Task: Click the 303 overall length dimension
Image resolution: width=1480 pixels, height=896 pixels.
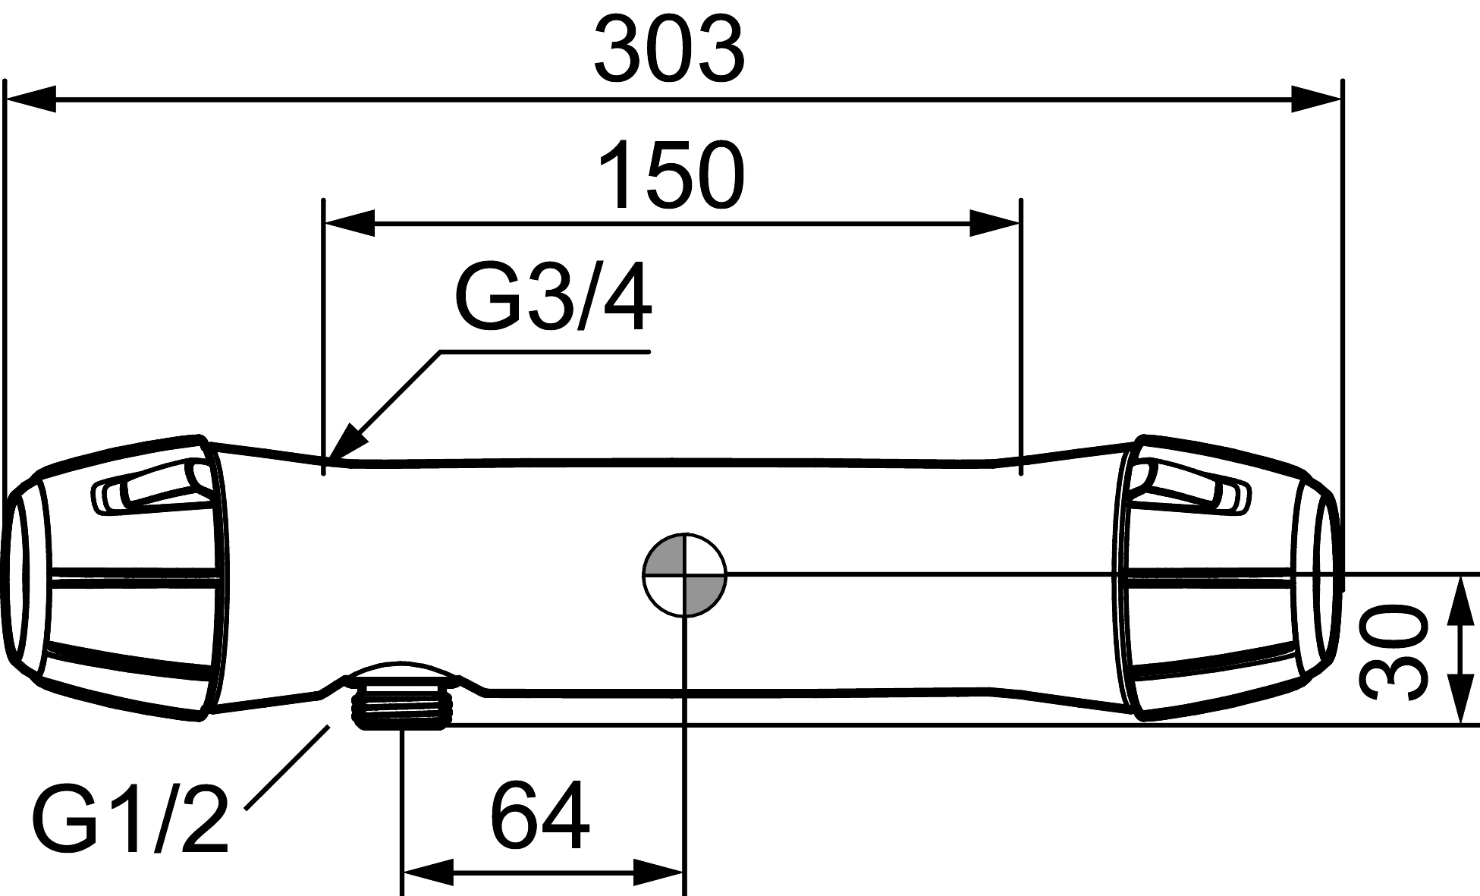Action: click(x=670, y=50)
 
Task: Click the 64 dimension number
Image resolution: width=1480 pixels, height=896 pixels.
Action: click(x=539, y=815)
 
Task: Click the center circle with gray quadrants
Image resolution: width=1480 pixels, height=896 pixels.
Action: click(x=684, y=574)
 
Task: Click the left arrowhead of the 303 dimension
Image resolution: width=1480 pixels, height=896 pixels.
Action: click(x=31, y=99)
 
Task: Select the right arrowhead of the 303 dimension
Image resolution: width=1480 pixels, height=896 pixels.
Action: click(x=1317, y=99)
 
